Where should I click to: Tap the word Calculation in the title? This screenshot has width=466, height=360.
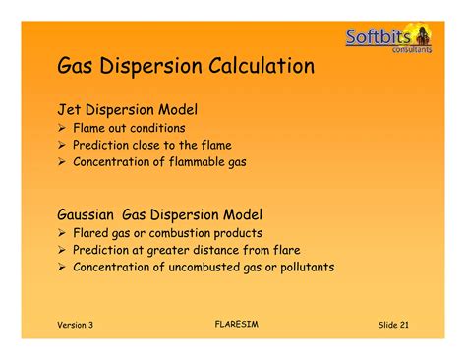point(261,67)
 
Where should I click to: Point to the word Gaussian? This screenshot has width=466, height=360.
point(86,214)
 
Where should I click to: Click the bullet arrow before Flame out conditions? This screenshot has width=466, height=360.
point(61,128)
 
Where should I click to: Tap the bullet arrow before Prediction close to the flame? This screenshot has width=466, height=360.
point(61,145)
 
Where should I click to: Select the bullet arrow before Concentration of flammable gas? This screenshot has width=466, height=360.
point(61,162)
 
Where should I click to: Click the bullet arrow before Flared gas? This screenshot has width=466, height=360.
point(61,233)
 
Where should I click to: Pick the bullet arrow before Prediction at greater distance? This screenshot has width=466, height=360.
point(61,250)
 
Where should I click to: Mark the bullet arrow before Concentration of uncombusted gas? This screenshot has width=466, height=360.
point(61,267)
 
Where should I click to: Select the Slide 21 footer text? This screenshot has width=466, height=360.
point(393,325)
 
